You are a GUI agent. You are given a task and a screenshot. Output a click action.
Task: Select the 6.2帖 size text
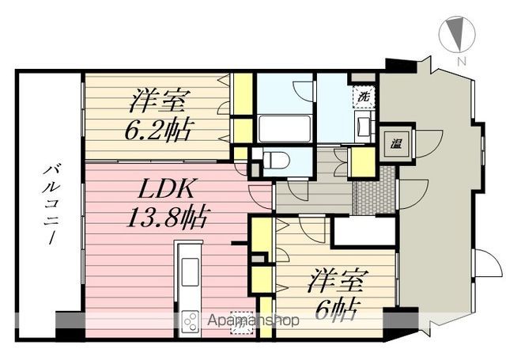(x=158, y=130)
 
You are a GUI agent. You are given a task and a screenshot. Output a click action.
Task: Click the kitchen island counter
(x=190, y=273)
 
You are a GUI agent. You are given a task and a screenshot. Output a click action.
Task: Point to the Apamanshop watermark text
(x=253, y=321)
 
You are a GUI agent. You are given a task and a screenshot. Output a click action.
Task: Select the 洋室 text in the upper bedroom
(x=158, y=100)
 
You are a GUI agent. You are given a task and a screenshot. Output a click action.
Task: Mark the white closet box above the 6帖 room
(x=363, y=231)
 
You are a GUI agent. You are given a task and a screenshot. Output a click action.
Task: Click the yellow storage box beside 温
(x=361, y=161)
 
